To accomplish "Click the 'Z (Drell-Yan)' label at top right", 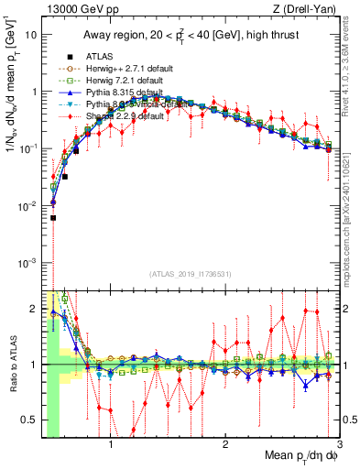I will pos(322,10).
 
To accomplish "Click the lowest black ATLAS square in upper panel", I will pos(53,218).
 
